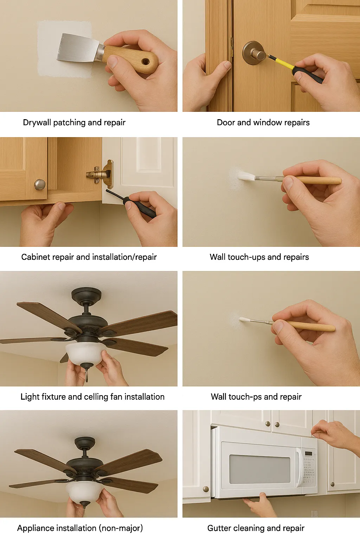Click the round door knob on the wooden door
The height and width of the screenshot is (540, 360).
(x=254, y=53)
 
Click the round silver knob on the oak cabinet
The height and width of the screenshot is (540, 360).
(x=40, y=184)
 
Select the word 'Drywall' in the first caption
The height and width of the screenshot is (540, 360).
(x=37, y=122)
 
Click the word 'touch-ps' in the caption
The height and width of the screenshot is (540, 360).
(x=245, y=397)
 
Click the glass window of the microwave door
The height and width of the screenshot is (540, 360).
(x=260, y=469)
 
